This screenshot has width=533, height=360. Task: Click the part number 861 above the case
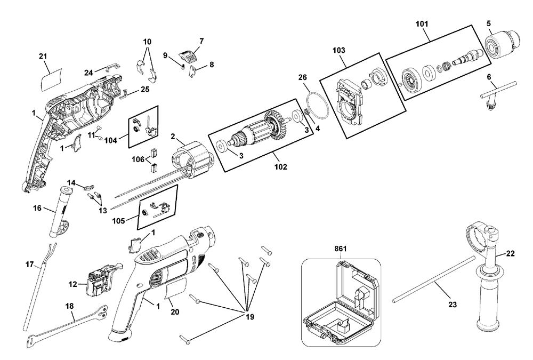tap(340, 249)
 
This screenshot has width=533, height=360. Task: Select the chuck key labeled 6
tap(497, 95)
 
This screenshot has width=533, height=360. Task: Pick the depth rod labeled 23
tap(434, 279)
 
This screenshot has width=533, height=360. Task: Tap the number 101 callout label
tap(422, 24)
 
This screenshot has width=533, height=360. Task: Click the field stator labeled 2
tap(192, 159)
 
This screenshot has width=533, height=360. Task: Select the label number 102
tap(281, 167)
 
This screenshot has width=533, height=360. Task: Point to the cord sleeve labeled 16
tap(59, 212)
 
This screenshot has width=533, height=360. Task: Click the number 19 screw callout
tap(250, 317)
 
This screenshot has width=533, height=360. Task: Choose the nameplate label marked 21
tap(51, 79)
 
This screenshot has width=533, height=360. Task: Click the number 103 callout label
tap(338, 50)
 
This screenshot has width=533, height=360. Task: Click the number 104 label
tap(110, 140)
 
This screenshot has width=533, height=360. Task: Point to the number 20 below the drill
tap(175, 311)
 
